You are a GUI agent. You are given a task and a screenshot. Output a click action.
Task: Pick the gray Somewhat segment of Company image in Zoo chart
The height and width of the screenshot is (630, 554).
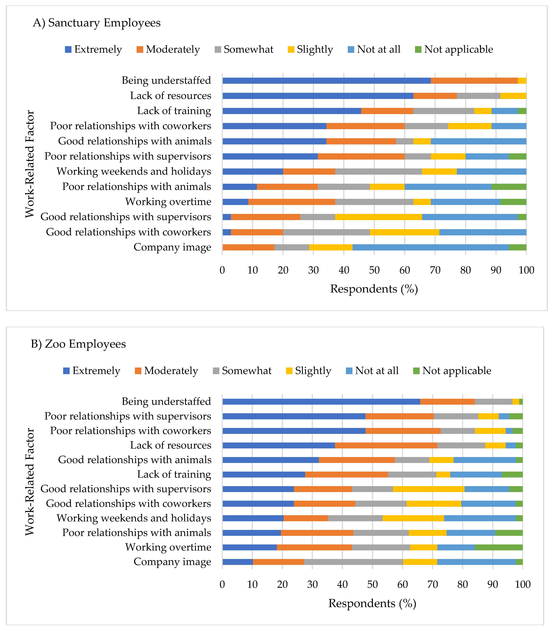pyautogui.click(x=353, y=562)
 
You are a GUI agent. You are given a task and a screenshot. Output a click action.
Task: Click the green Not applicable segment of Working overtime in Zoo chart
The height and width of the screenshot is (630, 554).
pyautogui.click(x=498, y=547)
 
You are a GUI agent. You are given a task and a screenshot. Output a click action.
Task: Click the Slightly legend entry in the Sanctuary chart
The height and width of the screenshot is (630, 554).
pyautogui.click(x=310, y=49)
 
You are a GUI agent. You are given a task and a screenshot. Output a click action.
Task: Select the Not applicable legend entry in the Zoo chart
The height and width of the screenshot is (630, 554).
pyautogui.click(x=452, y=370)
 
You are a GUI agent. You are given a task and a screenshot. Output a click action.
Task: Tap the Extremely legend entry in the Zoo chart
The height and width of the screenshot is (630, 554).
pyautogui.click(x=92, y=370)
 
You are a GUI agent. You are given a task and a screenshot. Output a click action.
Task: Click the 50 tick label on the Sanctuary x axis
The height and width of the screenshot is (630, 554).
pyautogui.click(x=374, y=270)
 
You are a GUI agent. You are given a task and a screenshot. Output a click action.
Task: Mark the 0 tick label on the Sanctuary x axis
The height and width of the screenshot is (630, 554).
pyautogui.click(x=222, y=270)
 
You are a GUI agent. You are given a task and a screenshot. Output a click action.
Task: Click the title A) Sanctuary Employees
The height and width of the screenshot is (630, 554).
pyautogui.click(x=96, y=23)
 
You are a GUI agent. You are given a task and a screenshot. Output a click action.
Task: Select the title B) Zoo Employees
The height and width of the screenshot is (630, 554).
pyautogui.click(x=78, y=344)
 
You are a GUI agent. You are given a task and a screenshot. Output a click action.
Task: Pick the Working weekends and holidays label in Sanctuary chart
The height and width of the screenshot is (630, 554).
pyautogui.click(x=134, y=171)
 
